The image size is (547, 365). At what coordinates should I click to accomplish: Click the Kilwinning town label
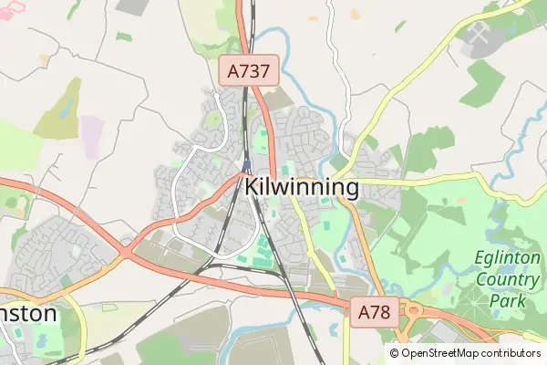301,187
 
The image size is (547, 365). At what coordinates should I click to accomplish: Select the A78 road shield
374,312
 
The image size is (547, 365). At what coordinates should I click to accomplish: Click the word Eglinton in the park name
508,258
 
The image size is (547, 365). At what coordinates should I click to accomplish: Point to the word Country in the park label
509,279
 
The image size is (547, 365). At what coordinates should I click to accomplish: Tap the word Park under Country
509,299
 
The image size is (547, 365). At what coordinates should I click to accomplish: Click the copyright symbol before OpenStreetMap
395,353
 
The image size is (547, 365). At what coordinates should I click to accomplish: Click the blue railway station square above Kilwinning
246,165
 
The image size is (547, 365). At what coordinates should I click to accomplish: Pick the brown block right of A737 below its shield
278,99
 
